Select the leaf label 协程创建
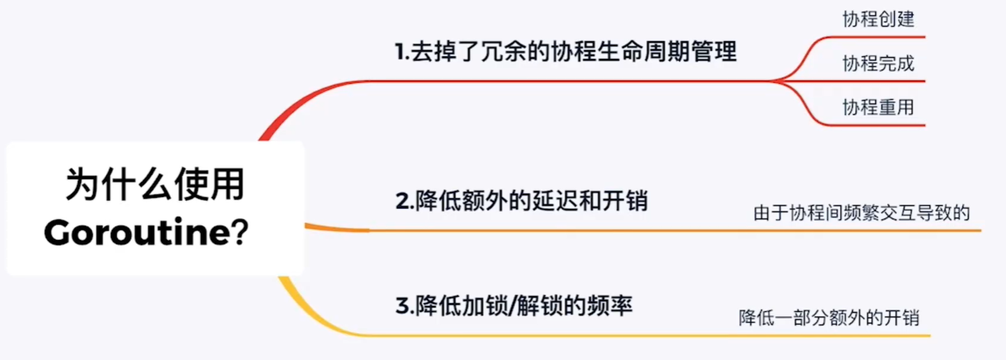tap(878, 19)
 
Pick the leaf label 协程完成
tap(878, 64)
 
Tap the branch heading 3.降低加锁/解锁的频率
tap(514, 306)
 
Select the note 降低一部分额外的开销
tap(829, 318)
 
